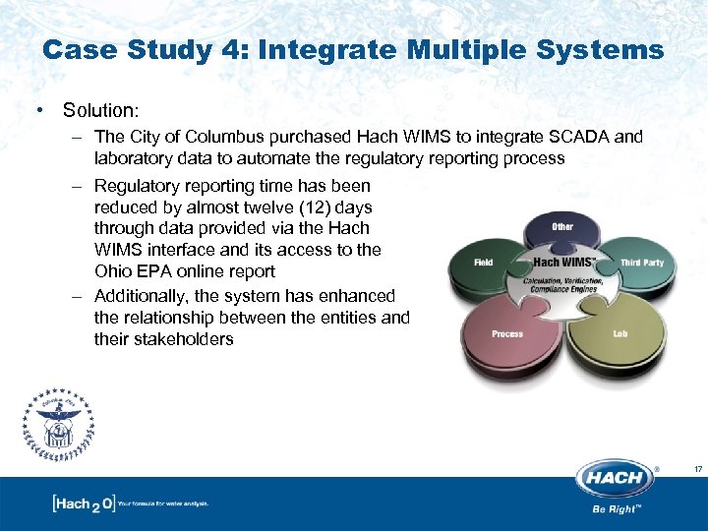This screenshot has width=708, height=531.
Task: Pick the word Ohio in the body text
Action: point(113,271)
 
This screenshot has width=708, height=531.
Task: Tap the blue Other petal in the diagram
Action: point(561,228)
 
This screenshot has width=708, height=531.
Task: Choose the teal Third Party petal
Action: point(640,264)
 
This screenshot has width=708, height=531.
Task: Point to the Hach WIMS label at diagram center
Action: point(562,263)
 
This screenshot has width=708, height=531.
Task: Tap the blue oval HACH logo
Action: point(616,478)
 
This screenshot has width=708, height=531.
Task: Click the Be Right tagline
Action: point(617,510)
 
